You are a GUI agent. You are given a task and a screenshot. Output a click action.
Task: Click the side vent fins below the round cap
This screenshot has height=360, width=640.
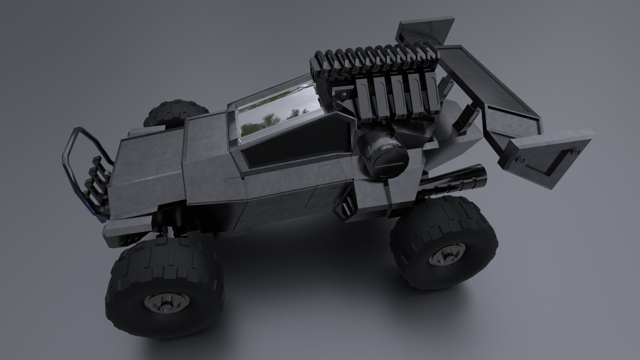point(347,203)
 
